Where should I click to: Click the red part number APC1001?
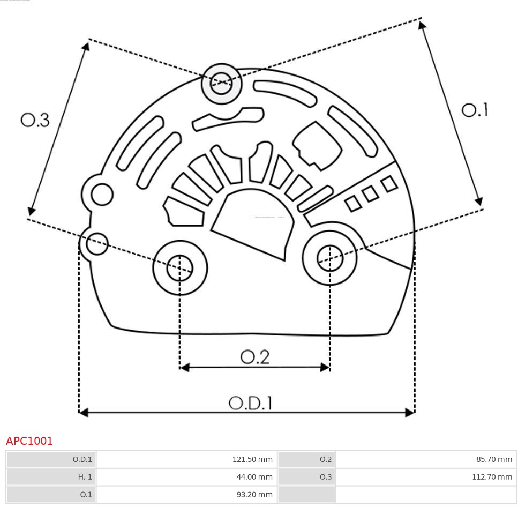pos(29,441)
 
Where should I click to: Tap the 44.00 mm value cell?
pos(255,476)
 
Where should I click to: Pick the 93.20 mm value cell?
pos(255,494)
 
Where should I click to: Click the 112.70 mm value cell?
pos(492,476)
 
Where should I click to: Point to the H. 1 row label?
pos(84,476)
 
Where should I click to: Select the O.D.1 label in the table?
pos(82,459)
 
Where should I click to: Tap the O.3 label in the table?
pos(325,476)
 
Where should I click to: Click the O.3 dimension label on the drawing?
pos(35,120)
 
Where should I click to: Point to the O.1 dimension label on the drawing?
pos(475,110)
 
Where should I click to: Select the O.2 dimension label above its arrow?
pos(254,356)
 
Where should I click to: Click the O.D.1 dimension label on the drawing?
pos(251,403)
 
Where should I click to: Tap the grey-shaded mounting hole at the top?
pos(221,84)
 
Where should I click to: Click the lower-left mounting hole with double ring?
pos(180,267)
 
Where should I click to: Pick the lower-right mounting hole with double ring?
pos(330,258)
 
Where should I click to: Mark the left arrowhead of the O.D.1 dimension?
pos(83,412)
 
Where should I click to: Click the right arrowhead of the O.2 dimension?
pos(325,367)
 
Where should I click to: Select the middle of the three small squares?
pos(370,194)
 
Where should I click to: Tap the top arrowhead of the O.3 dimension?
pos(86,46)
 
